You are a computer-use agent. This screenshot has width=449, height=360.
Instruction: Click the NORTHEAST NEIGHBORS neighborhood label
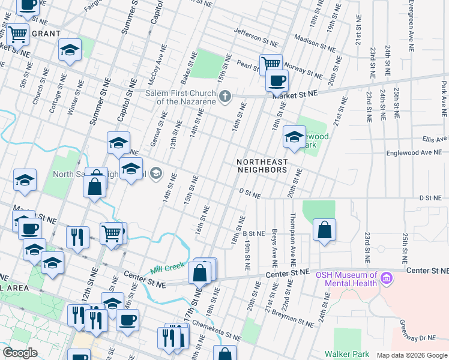pyautogui.click(x=262, y=166)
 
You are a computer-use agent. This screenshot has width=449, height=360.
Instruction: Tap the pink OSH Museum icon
pyautogui.click(x=387, y=279)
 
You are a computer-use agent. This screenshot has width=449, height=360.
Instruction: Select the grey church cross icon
pyautogui.click(x=225, y=97)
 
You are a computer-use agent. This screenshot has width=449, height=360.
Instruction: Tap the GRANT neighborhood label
pyautogui.click(x=46, y=34)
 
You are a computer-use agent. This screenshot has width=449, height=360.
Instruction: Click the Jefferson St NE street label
pyautogui.click(x=256, y=38)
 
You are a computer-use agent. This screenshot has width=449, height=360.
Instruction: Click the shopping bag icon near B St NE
pyautogui.click(x=324, y=230)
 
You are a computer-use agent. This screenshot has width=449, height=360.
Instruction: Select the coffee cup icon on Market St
pyautogui.click(x=277, y=80)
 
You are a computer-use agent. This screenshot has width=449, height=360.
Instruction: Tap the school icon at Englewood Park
pyautogui.click(x=294, y=138)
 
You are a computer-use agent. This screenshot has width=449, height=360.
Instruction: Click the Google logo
pyautogui.click(x=20, y=353)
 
